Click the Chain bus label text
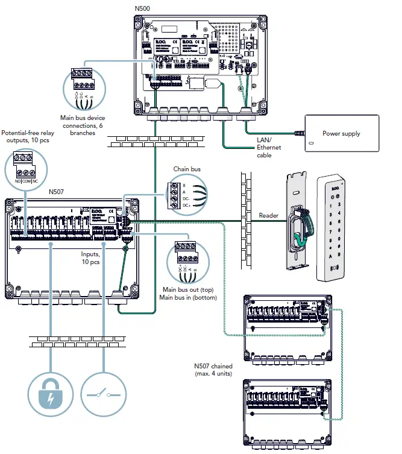[x=186, y=170]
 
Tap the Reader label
[x=269, y=215]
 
